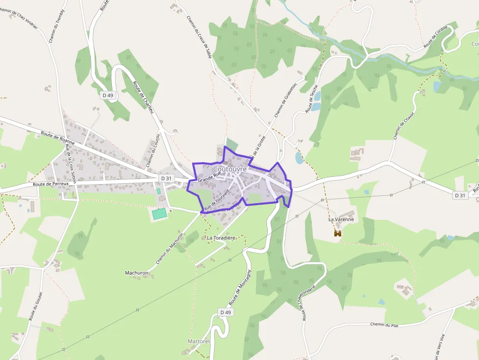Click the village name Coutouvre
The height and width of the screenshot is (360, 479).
tap(230, 169)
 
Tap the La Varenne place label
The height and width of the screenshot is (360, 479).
tap(341, 220)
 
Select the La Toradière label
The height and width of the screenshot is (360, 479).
tap(221, 238)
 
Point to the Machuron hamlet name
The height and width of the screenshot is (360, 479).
tap(136, 273)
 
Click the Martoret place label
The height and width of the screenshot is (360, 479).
tap(198, 341)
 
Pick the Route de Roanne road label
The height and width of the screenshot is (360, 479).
tap(58, 137)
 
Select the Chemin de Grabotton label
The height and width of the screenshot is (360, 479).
tap(286, 100)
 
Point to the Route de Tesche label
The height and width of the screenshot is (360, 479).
tap(312, 99)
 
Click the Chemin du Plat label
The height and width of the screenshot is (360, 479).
tap(384, 325)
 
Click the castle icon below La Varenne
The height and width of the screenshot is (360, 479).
tap(337, 234)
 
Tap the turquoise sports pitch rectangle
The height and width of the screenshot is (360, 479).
tap(159, 213)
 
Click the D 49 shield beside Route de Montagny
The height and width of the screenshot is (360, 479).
tap(225, 312)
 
